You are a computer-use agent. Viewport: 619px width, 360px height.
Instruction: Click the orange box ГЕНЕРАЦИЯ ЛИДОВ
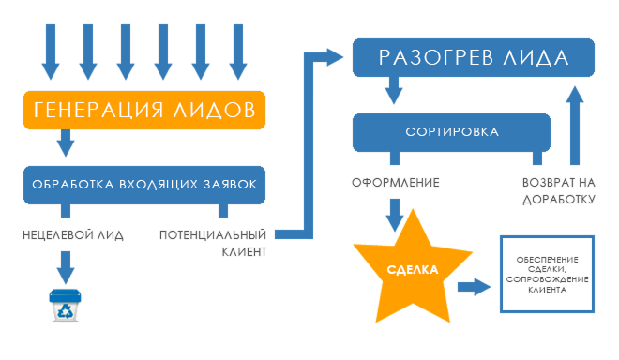point(143,109)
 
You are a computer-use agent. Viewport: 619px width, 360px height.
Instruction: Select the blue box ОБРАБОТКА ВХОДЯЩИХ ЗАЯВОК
point(143,184)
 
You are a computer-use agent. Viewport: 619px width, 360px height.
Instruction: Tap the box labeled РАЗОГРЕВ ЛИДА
point(473,56)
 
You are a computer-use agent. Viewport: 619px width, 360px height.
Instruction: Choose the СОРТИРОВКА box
point(451,132)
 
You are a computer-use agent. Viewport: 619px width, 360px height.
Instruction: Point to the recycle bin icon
point(66,306)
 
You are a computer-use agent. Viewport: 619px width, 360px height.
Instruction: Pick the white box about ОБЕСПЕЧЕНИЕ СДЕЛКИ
point(548,274)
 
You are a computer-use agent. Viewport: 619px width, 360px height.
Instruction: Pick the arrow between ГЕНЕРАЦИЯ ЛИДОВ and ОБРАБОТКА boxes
point(66,143)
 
